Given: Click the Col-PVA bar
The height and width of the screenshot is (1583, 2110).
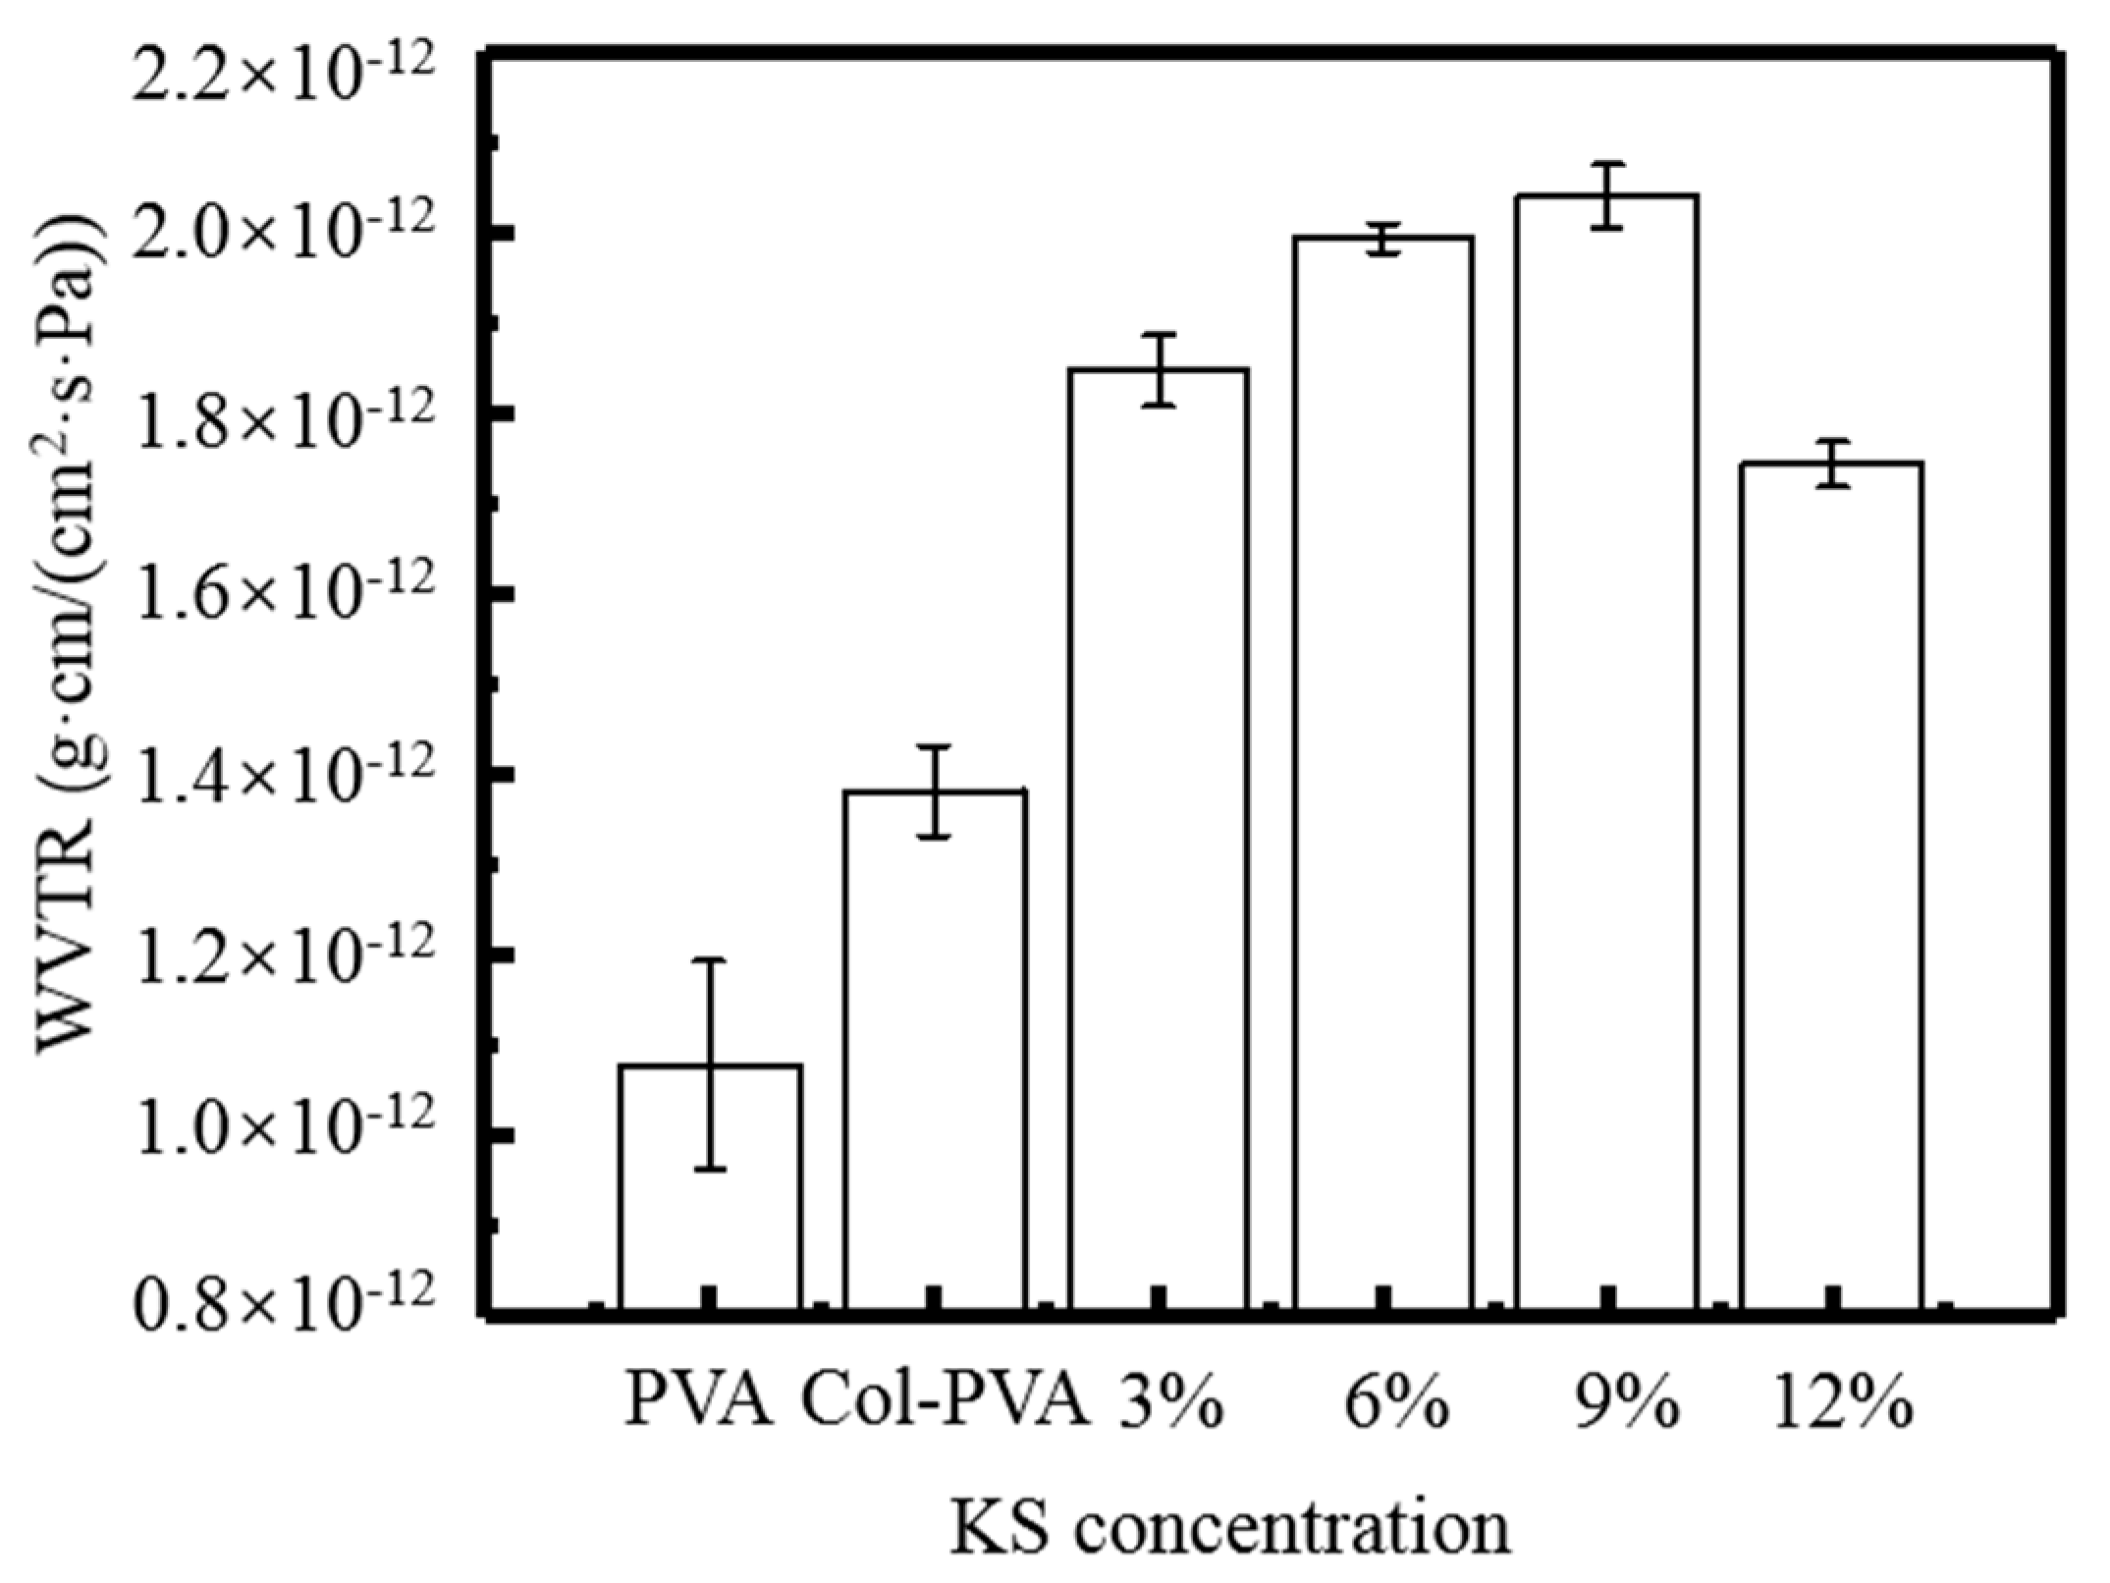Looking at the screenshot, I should pos(935,1051).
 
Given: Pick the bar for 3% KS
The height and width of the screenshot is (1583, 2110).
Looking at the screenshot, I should pos(1159,845).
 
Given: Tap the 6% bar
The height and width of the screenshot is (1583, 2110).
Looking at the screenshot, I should pos(1382,776).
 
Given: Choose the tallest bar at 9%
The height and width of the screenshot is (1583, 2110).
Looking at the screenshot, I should pos(1606,756).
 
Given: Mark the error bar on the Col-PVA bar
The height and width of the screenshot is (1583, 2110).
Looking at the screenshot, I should pos(935,791).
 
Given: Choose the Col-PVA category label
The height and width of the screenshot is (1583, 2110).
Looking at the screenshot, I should pos(947,1405).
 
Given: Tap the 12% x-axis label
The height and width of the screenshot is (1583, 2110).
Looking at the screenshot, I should pos(1842,1405).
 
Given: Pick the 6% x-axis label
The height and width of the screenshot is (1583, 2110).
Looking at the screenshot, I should pos(1395,1405).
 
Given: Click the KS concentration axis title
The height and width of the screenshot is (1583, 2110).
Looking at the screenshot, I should pos(1229,1528).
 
